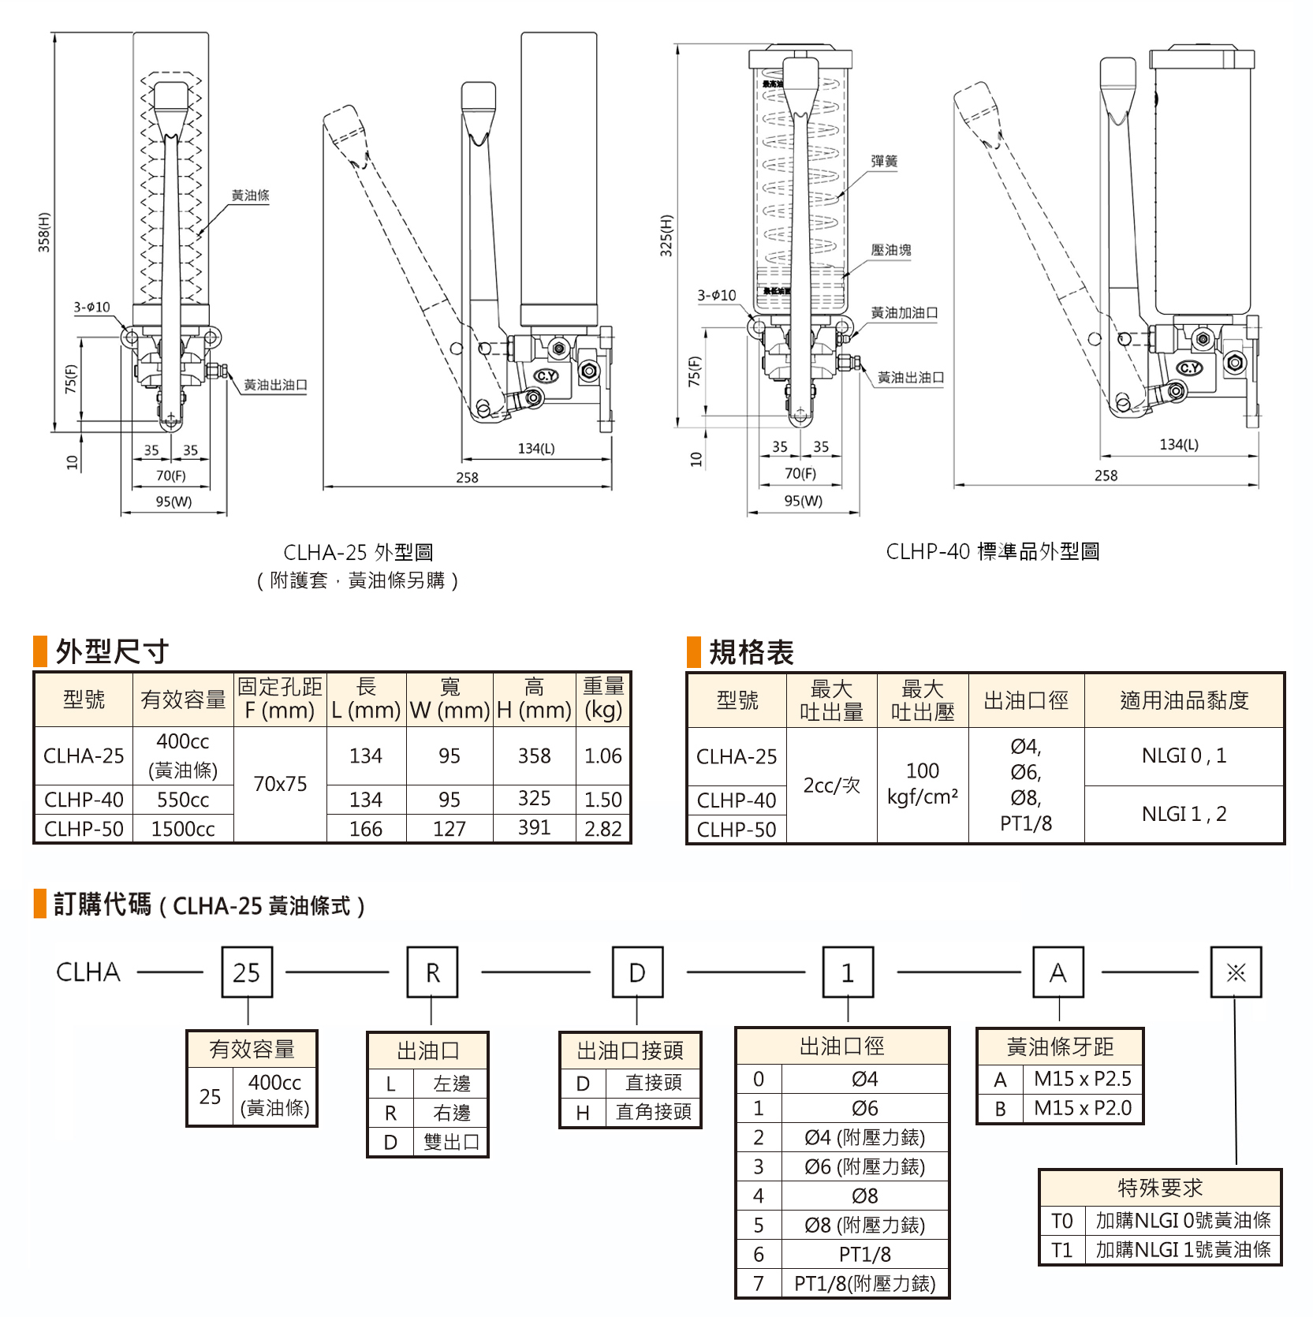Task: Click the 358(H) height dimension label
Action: tap(44, 232)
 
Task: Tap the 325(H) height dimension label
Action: tap(666, 235)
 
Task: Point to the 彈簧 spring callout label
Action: tap(884, 161)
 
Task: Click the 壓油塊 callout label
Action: tap(891, 250)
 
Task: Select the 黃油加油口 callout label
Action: tap(905, 313)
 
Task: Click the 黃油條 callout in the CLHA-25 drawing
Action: tap(250, 195)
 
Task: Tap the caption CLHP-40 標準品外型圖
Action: tap(993, 551)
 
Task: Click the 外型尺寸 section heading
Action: tap(112, 651)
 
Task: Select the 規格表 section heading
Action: tap(751, 652)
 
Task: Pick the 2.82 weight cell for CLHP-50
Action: tap(603, 829)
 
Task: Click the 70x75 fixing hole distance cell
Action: tap(280, 784)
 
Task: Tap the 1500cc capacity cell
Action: tap(183, 829)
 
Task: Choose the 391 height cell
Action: tap(534, 828)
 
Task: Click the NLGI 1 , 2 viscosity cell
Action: tap(1184, 814)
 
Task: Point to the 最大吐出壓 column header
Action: tap(923, 700)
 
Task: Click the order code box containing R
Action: tap(432, 972)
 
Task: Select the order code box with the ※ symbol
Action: tap(1236, 972)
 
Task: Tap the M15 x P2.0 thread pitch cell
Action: tap(1083, 1108)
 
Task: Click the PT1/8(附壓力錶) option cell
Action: tap(864, 1283)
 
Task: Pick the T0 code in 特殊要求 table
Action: tap(1061, 1221)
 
